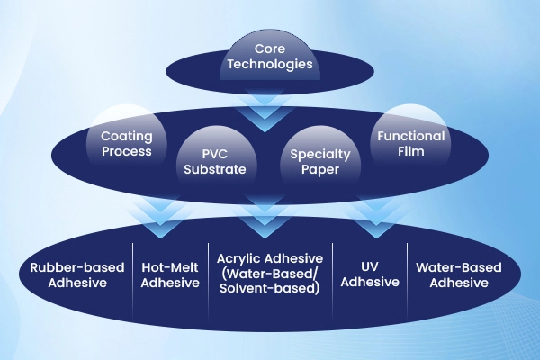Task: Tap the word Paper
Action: click(x=319, y=169)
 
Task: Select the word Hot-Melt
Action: click(x=170, y=267)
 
